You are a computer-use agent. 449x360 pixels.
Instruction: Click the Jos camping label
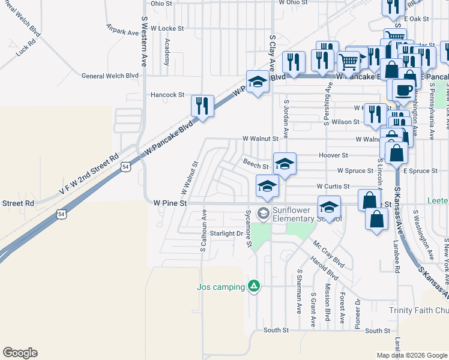click(x=221, y=287)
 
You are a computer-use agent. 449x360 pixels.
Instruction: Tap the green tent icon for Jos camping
click(x=255, y=286)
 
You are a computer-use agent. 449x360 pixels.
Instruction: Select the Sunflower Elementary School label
click(x=307, y=214)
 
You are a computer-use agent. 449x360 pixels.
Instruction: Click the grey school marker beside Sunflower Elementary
click(x=262, y=212)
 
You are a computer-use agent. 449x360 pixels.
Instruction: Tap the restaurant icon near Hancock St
click(x=202, y=106)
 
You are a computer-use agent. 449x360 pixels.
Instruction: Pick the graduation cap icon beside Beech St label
click(x=285, y=163)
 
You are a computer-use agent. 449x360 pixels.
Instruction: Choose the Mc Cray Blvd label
click(x=329, y=254)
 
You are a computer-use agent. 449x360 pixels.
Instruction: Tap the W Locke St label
click(x=167, y=28)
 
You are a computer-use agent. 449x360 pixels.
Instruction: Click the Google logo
click(x=20, y=353)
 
